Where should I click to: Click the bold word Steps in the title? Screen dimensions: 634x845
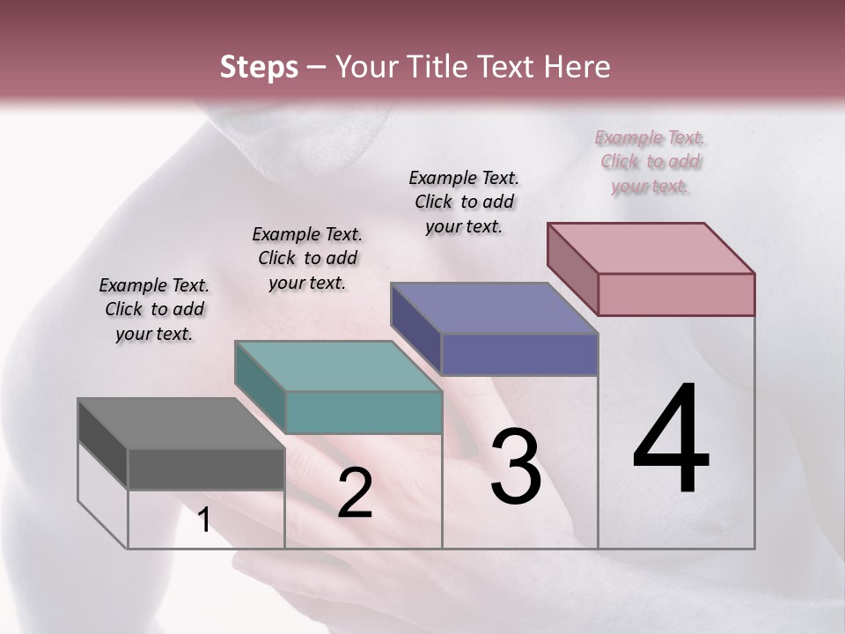click(259, 67)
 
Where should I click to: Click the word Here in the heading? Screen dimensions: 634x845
click(576, 67)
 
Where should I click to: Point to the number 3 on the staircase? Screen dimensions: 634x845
click(516, 468)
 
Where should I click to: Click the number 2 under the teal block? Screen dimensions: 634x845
click(355, 494)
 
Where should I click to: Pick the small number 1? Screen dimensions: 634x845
click(203, 520)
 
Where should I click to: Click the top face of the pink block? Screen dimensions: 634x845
click(650, 248)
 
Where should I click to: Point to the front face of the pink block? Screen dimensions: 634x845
click(676, 294)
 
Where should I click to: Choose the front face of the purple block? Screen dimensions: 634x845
click(519, 354)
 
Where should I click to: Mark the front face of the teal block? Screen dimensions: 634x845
click(364, 412)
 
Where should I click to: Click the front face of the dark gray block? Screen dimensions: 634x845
click(206, 468)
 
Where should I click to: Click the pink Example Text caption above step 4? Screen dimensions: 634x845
click(650, 161)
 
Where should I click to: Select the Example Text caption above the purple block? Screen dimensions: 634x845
click(464, 202)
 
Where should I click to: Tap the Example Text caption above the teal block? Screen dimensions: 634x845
click(307, 258)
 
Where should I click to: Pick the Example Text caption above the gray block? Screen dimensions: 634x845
click(154, 309)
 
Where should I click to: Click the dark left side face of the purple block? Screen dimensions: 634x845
click(415, 328)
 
